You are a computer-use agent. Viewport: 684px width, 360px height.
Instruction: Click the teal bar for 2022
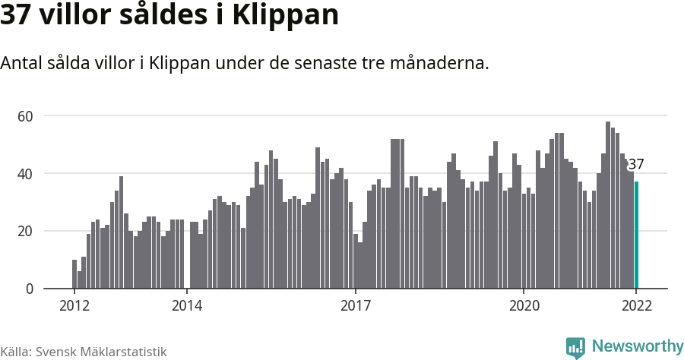click(636, 235)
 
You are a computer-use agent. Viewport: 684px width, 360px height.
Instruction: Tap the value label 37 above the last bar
click(635, 164)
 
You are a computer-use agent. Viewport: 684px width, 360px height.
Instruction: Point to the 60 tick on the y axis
click(27, 116)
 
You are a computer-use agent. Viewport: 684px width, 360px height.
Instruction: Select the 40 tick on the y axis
click(27, 174)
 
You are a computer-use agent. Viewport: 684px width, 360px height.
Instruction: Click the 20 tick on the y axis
click(27, 232)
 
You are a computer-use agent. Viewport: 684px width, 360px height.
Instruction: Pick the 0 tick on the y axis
click(30, 289)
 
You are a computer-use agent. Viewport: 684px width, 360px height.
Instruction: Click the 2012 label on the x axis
click(74, 306)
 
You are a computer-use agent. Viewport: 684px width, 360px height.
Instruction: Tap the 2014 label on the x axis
click(186, 306)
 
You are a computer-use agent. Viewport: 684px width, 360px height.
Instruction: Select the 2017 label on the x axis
click(355, 306)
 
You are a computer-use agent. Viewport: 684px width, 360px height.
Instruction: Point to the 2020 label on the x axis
click(524, 306)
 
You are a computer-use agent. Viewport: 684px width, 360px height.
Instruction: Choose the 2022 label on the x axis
click(636, 306)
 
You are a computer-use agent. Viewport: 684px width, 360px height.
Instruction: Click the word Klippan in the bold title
click(290, 16)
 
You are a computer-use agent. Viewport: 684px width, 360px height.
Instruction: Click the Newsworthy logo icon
click(575, 348)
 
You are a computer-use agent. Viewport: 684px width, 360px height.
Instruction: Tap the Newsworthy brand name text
click(637, 347)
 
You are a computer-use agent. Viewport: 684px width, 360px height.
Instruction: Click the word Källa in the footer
click(15, 352)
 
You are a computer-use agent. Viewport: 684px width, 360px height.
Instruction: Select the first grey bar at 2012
click(74, 274)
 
